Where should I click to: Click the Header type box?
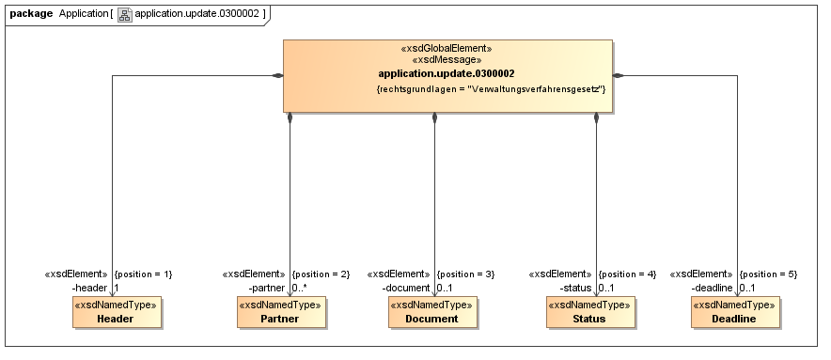(116, 312)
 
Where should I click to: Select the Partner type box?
(281, 312)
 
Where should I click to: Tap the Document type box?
(432, 312)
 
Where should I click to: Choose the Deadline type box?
(735, 312)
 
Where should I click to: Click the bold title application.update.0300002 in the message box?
(446, 73)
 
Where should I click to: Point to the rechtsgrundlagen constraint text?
(490, 89)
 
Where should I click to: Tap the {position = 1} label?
(143, 274)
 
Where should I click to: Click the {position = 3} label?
(466, 274)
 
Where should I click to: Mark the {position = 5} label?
(768, 274)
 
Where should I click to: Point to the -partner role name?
(268, 287)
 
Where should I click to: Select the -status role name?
(576, 287)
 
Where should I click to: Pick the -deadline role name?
(713, 287)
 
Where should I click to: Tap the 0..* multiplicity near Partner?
(300, 287)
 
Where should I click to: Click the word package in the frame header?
(31, 14)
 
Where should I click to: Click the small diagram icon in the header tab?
(125, 15)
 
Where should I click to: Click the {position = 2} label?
(321, 274)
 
